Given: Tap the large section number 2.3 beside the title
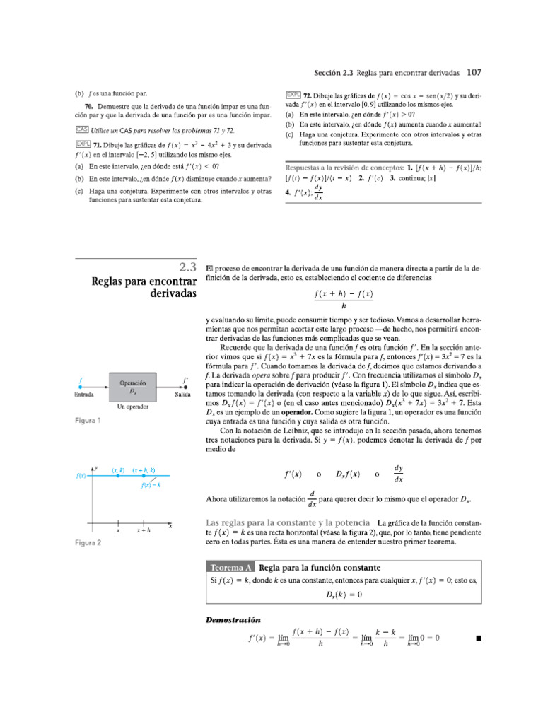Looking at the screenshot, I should click(187, 267).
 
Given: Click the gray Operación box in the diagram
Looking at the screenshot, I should click(132, 387).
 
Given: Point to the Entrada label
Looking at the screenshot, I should click(84, 395).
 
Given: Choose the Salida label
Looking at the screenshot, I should click(182, 395).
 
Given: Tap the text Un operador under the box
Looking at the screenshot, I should click(132, 408).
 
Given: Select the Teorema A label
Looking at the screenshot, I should click(230, 568).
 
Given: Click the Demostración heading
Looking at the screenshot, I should click(233, 619).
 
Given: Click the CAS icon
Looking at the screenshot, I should click(81, 130).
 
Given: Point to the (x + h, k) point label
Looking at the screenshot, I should click(144, 470).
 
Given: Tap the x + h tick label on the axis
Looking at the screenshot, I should click(144, 530).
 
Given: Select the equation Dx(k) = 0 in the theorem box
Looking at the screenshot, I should click(344, 595).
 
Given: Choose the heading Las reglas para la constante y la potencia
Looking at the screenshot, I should click(288, 522).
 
